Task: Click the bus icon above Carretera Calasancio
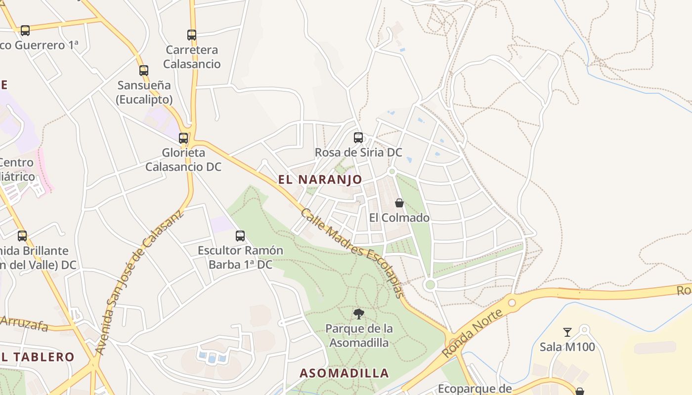pos(192,35)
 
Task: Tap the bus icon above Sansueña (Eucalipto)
pos(144,71)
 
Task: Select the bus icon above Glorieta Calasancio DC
pos(183,138)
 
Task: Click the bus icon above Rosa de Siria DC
pos(358,138)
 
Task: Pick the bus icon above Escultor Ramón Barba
pos(240,236)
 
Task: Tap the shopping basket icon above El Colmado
pos(399,203)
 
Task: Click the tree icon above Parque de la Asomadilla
pos(359,314)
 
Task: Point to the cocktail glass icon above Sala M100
pos(567,332)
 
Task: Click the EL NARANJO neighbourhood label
pos(320,180)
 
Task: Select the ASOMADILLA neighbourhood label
pos(345,373)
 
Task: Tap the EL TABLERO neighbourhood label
pos(37,357)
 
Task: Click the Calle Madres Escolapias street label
pos(352,253)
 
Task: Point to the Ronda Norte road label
pos(473,333)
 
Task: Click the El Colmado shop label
pos(399,218)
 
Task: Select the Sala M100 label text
pos(567,347)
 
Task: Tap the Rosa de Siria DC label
pos(358,153)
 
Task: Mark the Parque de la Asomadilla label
pos(359,336)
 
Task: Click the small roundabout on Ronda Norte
pos(512,302)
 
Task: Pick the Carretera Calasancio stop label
pos(192,57)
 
